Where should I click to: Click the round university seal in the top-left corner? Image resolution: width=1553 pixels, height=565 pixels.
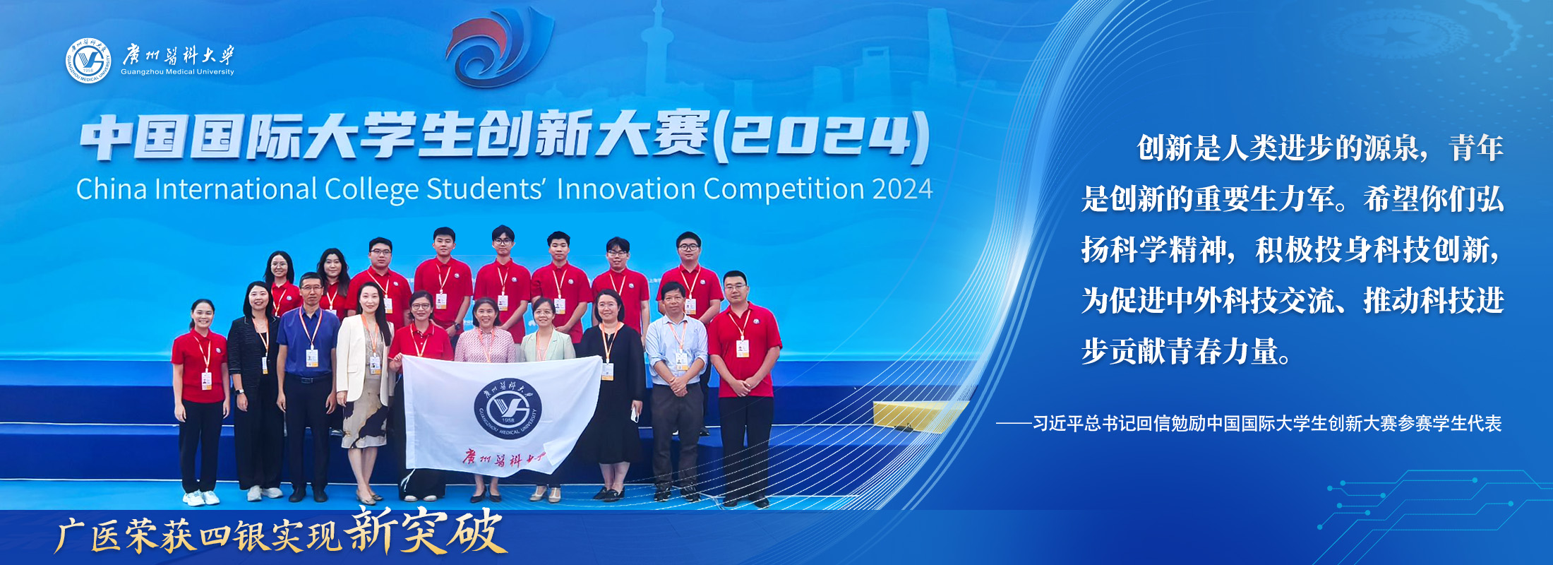click(x=88, y=61)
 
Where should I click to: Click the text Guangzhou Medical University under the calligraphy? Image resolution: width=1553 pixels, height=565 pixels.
click(x=177, y=72)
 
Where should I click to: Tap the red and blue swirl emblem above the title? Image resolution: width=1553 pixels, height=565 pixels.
click(x=499, y=46)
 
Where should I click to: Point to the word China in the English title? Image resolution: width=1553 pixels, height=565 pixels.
click(x=112, y=189)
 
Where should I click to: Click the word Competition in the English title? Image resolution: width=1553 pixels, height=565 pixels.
click(x=784, y=190)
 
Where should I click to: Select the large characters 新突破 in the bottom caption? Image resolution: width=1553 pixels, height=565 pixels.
click(x=426, y=531)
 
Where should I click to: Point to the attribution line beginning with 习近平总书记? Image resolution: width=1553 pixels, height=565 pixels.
click(x=1249, y=424)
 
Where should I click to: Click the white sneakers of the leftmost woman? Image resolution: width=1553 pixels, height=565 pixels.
click(x=202, y=498)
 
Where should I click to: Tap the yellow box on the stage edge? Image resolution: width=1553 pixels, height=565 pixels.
click(x=918, y=417)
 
